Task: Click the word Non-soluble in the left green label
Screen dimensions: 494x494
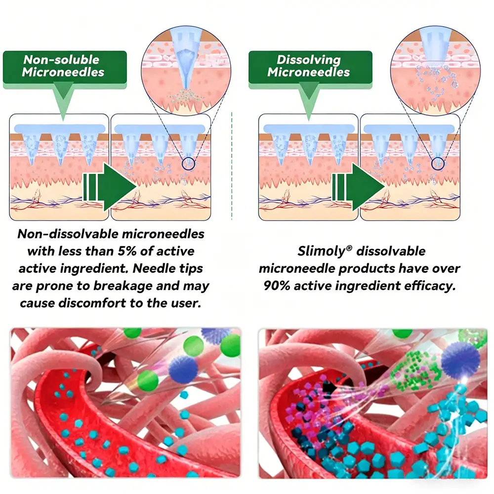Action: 61,60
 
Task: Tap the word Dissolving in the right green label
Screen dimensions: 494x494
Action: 308,60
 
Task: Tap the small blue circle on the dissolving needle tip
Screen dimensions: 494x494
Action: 437,164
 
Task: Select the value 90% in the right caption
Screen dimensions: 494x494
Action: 275,286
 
